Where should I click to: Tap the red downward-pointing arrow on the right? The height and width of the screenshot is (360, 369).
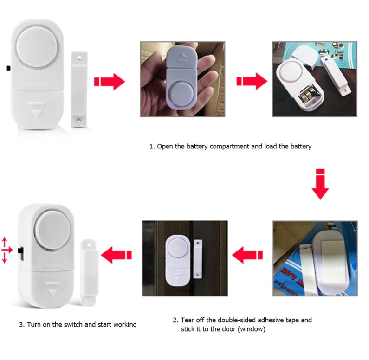click(x=320, y=185)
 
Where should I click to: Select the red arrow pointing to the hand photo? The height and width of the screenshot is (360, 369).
click(x=110, y=82)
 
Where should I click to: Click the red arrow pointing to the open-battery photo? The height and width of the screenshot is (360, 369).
click(x=252, y=82)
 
